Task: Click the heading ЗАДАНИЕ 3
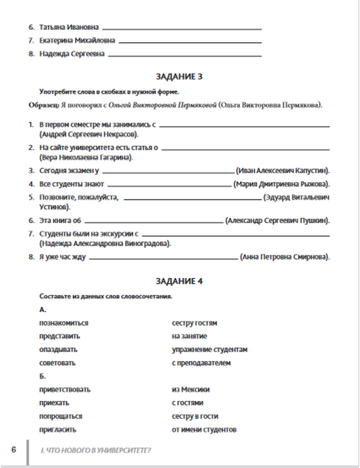click(x=179, y=76)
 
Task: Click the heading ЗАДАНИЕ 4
click(x=179, y=281)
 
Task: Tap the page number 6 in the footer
click(x=14, y=450)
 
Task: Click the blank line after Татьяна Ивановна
click(x=182, y=28)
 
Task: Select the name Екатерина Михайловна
click(x=77, y=40)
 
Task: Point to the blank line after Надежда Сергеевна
click(x=185, y=55)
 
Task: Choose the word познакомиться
click(x=64, y=323)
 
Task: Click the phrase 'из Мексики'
click(x=190, y=390)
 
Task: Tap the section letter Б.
click(x=42, y=376)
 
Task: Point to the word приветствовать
click(x=65, y=390)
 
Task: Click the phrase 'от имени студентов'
click(x=204, y=429)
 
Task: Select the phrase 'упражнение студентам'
click(x=210, y=350)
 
